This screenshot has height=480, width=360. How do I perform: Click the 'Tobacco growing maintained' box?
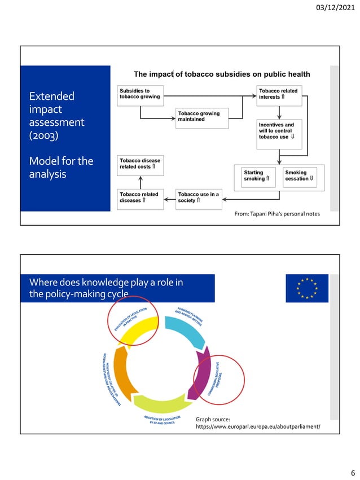tap(202, 117)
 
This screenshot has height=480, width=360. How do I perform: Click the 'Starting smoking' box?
tap(257, 175)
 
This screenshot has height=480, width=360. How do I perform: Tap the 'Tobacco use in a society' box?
tap(198, 197)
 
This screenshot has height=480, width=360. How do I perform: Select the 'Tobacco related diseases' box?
tap(141, 197)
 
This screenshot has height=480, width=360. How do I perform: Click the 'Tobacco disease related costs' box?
tap(141, 164)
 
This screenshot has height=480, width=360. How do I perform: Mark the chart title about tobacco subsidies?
tap(222, 74)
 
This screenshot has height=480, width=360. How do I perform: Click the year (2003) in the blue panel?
tap(46, 136)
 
